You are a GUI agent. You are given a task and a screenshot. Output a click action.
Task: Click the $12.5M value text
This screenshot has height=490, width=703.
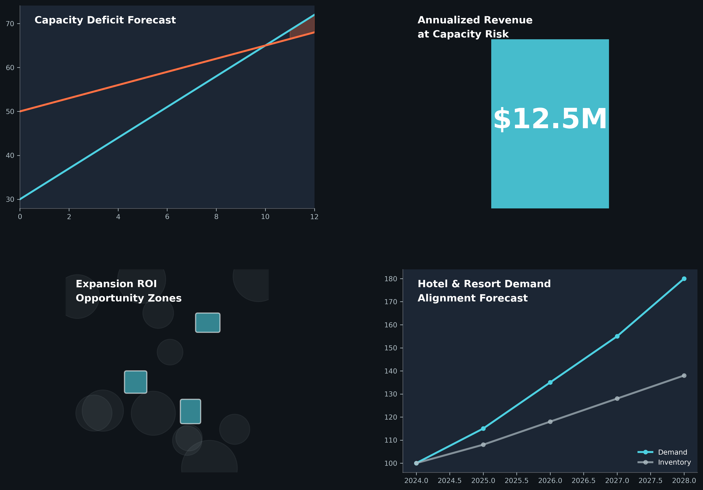click(550, 119)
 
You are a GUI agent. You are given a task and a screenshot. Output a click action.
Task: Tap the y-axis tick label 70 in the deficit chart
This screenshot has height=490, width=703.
click(10, 24)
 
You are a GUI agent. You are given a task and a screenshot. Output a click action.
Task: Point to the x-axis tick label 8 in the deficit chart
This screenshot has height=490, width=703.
click(216, 217)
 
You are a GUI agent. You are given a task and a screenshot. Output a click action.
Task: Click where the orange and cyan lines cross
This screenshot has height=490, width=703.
click(265, 46)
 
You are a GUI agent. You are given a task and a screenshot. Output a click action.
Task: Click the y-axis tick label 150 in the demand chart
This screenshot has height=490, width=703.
click(391, 348)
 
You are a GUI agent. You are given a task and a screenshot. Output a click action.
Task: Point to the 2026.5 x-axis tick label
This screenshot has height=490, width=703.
click(583, 481)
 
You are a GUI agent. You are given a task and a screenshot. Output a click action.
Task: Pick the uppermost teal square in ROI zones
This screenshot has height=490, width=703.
click(208, 323)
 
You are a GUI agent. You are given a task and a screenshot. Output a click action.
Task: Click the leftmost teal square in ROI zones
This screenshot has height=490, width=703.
click(136, 382)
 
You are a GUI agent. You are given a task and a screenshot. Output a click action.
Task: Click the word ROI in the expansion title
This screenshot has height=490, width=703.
click(147, 284)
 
